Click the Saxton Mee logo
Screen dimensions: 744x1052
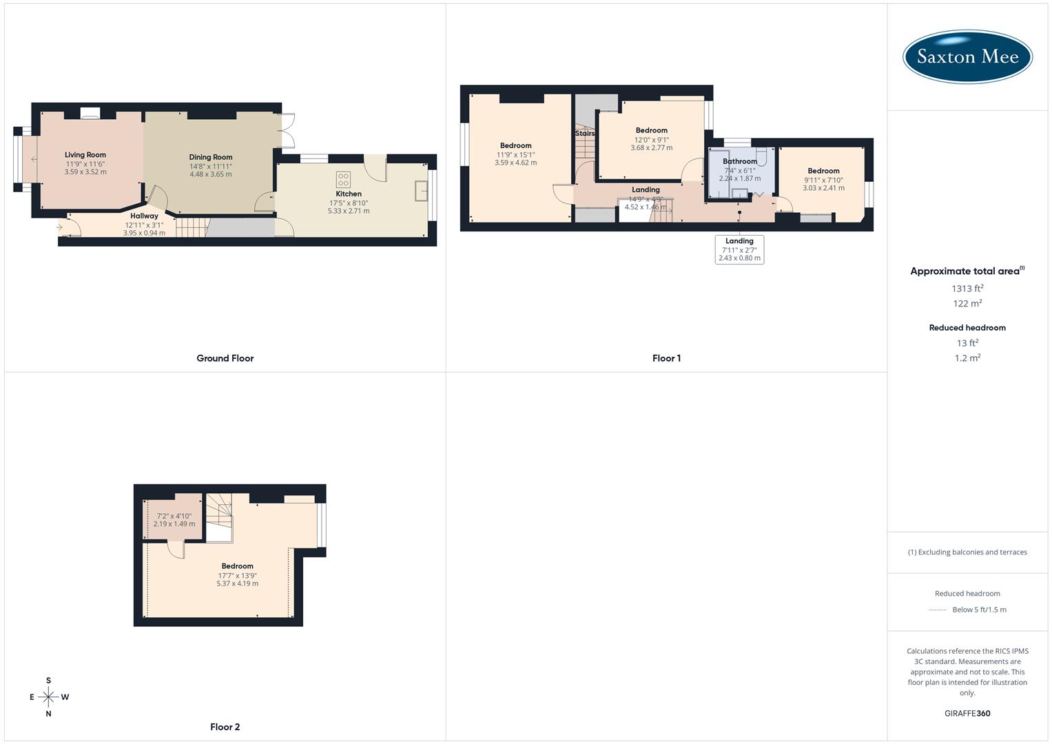(967, 56)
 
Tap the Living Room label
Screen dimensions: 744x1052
(85, 155)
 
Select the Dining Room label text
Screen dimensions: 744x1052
(211, 157)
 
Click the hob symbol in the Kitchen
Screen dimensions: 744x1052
(343, 180)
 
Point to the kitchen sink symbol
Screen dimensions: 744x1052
(422, 191)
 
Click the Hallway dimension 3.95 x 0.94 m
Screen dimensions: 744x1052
(144, 233)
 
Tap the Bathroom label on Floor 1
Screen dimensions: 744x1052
(740, 161)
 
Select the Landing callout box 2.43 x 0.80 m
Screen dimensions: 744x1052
(739, 249)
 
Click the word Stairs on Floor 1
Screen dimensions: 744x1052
(585, 134)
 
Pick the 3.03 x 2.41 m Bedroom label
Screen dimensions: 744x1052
(823, 179)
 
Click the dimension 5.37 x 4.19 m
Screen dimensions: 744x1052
(237, 583)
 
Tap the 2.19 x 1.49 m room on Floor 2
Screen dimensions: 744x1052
(174, 520)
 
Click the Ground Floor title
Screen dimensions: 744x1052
(225, 358)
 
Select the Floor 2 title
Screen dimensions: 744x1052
(225, 727)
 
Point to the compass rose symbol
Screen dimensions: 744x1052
(48, 697)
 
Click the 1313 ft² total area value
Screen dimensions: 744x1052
(967, 289)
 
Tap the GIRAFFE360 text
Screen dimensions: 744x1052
(967, 713)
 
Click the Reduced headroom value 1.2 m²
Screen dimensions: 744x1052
(967, 358)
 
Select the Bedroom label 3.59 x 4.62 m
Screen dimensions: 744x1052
(515, 154)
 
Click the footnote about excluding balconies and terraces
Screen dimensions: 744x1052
(967, 552)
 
